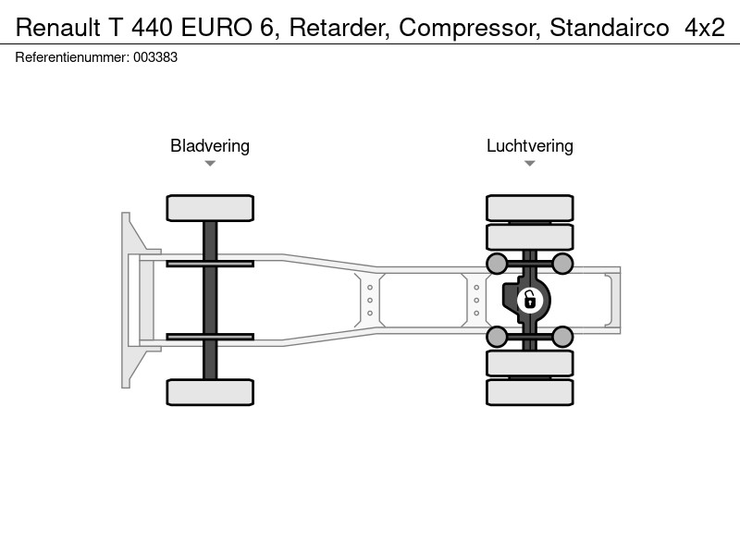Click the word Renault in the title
[x=58, y=28]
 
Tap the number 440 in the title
[x=152, y=28]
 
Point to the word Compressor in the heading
[x=470, y=29]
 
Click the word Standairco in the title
[x=610, y=28]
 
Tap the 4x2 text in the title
[x=705, y=28]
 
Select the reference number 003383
[x=155, y=57]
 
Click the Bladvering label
[x=210, y=146]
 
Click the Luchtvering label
[x=530, y=146]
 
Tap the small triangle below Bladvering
[x=210, y=164]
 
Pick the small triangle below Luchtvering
[x=529, y=164]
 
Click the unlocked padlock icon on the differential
[x=529, y=300]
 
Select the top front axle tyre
[x=210, y=208]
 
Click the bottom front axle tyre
[x=210, y=392]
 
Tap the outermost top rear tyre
[x=530, y=208]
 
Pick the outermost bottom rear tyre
[x=530, y=392]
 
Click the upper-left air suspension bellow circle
[x=497, y=264]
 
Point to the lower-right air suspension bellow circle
[x=562, y=337]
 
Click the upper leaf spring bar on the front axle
[x=210, y=264]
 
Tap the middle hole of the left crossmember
[x=370, y=300]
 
